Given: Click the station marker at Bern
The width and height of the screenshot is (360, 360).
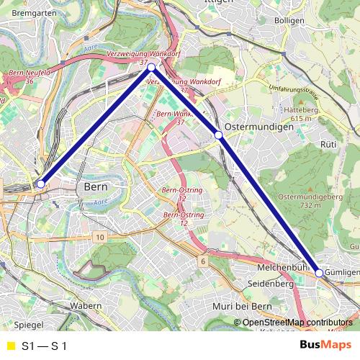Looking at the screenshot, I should pyautogui.click(x=41, y=184).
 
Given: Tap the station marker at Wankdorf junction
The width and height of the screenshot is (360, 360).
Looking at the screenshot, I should pyautogui.click(x=151, y=68).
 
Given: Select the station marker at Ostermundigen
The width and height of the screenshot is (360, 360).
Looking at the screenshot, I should pyautogui.click(x=219, y=135).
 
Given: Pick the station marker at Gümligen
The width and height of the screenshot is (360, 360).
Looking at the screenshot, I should pyautogui.click(x=320, y=274).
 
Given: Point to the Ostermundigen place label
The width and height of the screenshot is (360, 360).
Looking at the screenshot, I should pyautogui.click(x=258, y=126).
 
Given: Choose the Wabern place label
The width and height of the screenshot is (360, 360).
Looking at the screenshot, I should pyautogui.click(x=86, y=306).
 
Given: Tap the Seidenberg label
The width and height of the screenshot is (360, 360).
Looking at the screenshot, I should pyautogui.click(x=270, y=284).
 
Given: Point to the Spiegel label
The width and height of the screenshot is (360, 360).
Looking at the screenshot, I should pyautogui.click(x=30, y=325).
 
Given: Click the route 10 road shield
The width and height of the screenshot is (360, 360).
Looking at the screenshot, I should pyautogui.click(x=99, y=237).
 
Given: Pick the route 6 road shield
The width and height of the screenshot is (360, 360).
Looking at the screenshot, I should pyautogui.click(x=204, y=261).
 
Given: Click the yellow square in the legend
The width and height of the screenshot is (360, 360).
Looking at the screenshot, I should pyautogui.click(x=10, y=346).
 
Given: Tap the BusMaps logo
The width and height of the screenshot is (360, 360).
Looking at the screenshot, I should pyautogui.click(x=325, y=345).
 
